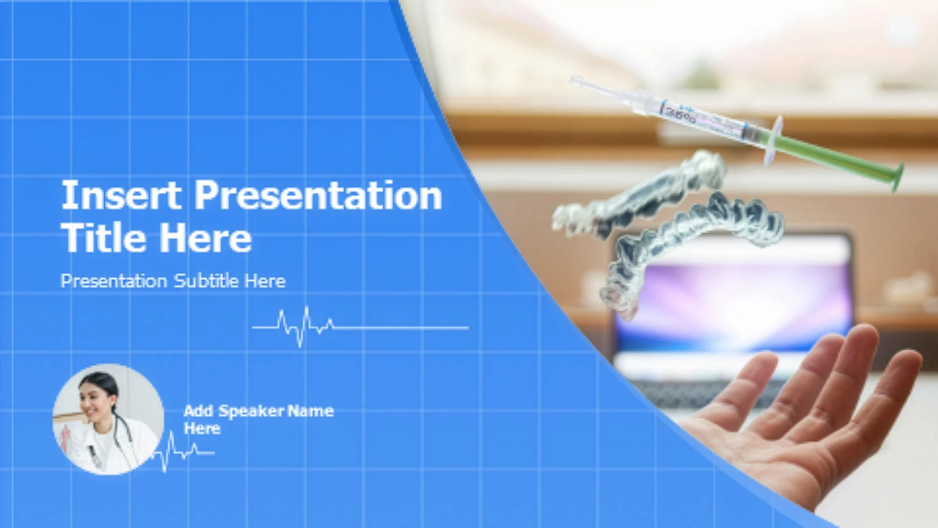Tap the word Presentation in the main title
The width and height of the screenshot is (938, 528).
(319, 195)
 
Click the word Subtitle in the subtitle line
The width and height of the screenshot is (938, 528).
(206, 281)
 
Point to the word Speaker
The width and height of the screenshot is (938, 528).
(250, 412)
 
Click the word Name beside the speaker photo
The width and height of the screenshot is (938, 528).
(311, 411)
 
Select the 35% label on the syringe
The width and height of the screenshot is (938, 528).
(680, 115)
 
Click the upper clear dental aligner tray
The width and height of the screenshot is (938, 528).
(640, 196)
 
